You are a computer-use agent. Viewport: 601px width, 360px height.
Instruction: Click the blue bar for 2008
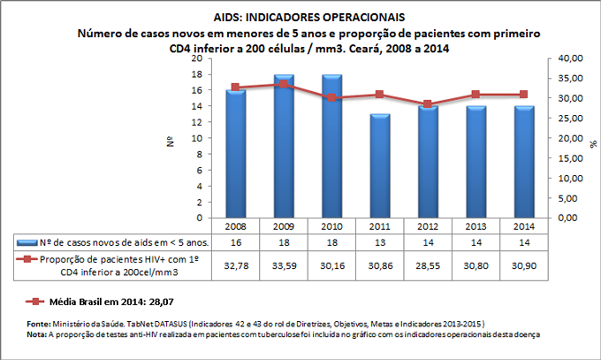pos(235,154)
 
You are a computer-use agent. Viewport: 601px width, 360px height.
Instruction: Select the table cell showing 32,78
pos(235,263)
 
